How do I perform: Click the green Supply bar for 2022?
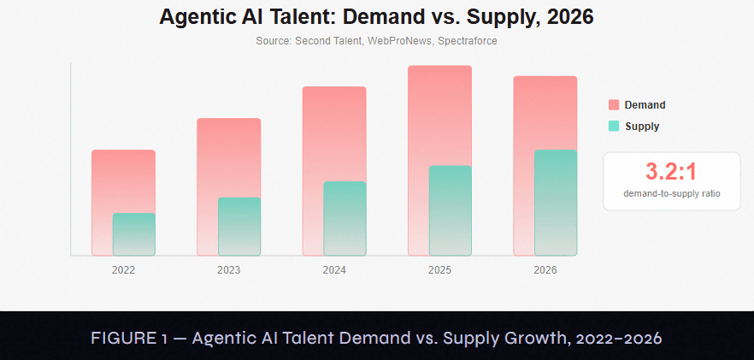[x=134, y=234]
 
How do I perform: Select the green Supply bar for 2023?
[x=239, y=227]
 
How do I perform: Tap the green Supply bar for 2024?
[x=345, y=219]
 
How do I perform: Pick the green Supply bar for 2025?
[x=451, y=210]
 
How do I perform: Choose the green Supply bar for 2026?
[x=556, y=203]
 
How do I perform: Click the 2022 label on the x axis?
[x=124, y=270]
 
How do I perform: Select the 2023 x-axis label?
[x=229, y=270]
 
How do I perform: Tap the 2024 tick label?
[x=334, y=270]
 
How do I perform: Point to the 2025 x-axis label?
[x=440, y=270]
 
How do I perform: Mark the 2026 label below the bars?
[x=545, y=270]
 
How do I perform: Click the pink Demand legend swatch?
[x=614, y=105]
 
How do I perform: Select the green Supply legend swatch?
[x=614, y=126]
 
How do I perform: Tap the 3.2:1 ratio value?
[x=671, y=172]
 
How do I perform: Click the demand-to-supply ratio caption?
[x=671, y=193]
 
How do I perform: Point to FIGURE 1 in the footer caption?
[x=130, y=339]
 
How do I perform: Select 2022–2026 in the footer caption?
[x=620, y=339]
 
